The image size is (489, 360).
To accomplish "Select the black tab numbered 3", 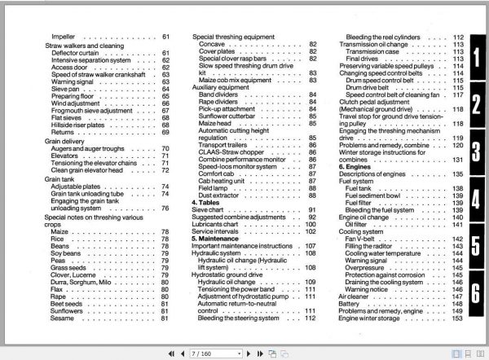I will click(474, 151).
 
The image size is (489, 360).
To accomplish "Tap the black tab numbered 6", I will click(474, 292).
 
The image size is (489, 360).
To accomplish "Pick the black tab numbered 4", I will click(474, 198).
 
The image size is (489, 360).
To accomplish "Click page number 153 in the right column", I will click(457, 318).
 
